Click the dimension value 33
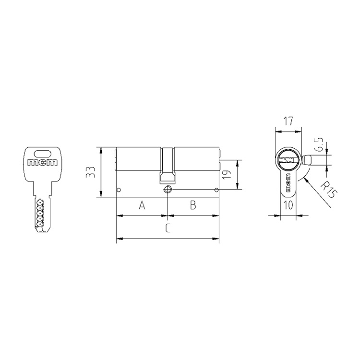(90, 172)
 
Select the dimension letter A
(143, 205)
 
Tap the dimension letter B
(193, 205)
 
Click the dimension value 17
(288, 121)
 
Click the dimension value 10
(288, 205)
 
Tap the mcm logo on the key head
(42, 163)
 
